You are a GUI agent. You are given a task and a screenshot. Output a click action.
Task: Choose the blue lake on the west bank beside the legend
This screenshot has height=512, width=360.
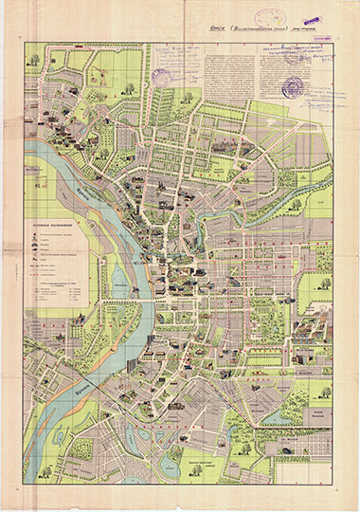click(x=120, y=278)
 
